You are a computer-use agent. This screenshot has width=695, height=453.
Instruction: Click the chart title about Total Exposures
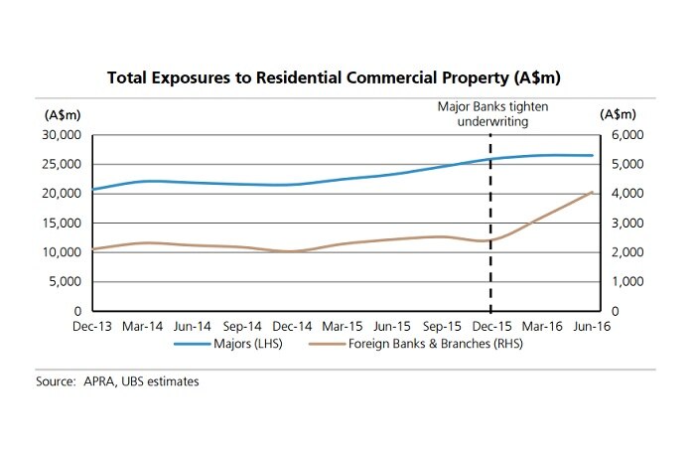(x=347, y=75)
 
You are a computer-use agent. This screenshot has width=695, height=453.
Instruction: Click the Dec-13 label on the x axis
(x=92, y=326)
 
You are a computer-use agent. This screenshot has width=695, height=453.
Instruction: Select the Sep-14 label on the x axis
(x=242, y=326)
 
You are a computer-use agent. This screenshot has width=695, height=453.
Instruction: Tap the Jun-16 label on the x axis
(x=593, y=326)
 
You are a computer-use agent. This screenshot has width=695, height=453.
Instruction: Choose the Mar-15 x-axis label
(x=343, y=326)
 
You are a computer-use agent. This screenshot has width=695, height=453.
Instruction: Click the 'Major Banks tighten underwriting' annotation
(x=492, y=114)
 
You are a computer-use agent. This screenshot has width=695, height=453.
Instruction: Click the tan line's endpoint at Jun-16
(x=593, y=192)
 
